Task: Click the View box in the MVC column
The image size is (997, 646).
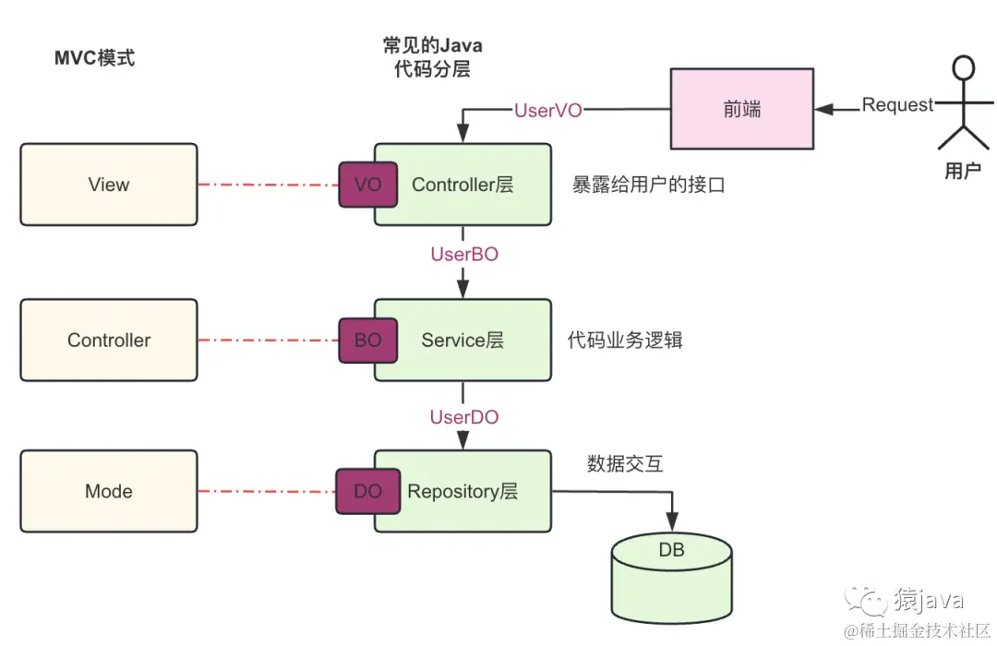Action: (x=109, y=185)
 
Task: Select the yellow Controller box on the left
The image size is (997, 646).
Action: (x=109, y=340)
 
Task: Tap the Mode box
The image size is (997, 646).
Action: (x=109, y=491)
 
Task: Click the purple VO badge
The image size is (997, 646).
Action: (x=367, y=185)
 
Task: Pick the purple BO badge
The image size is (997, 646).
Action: (x=367, y=340)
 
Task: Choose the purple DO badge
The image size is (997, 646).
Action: (x=367, y=491)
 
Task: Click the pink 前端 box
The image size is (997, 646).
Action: (x=741, y=109)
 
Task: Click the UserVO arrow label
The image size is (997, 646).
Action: (x=548, y=110)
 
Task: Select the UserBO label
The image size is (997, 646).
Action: (x=464, y=254)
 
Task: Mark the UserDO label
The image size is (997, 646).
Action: (x=464, y=417)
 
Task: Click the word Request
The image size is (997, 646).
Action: (x=897, y=105)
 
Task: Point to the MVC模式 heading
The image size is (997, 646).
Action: (x=95, y=58)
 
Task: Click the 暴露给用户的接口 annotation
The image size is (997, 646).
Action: (x=648, y=185)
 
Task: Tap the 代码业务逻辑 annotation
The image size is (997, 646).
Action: (x=625, y=340)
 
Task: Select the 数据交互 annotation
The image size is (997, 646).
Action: (x=625, y=463)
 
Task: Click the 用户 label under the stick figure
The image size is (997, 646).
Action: (x=963, y=171)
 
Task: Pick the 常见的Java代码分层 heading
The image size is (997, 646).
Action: (x=432, y=57)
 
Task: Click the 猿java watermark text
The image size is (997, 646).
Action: (x=928, y=601)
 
